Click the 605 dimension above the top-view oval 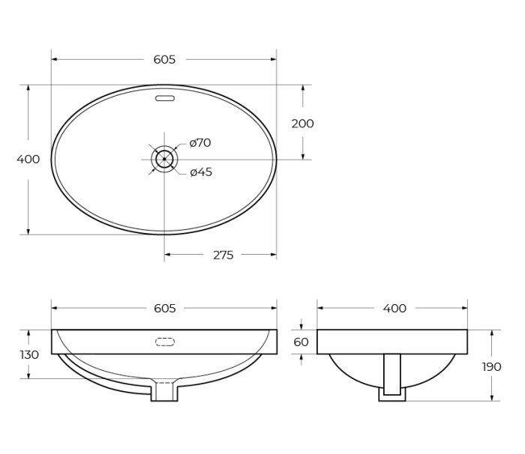pos(164,59)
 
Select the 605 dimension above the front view pos(164,308)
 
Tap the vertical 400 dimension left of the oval pos(28,159)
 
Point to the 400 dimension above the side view pos(394,308)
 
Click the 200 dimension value pos(302,124)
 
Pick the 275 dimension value pos(223,255)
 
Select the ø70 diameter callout pos(200,142)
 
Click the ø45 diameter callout pos(201,172)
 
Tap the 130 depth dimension pos(28,354)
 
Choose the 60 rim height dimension pos(301,342)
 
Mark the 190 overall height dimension pos(492,366)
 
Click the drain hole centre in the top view pos(164,159)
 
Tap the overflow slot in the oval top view pos(164,98)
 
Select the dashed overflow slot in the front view pos(164,342)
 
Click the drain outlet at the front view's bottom pos(164,392)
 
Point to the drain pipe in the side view pos(391,375)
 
